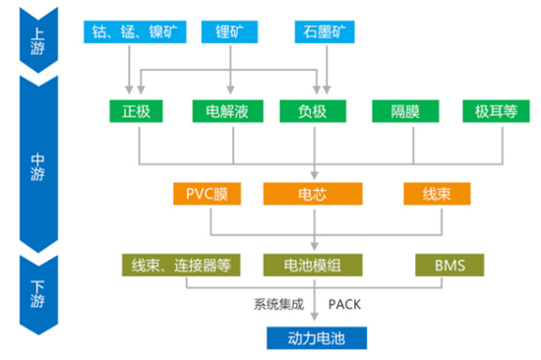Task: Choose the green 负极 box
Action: pyautogui.click(x=315, y=110)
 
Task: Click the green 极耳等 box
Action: pyautogui.click(x=494, y=110)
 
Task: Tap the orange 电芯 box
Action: pyautogui.click(x=315, y=193)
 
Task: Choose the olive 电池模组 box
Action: pyautogui.click(x=315, y=265)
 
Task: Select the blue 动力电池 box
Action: pyautogui.click(x=316, y=337)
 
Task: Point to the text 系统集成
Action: pyautogui.click(x=278, y=303)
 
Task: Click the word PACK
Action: pyautogui.click(x=348, y=303)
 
